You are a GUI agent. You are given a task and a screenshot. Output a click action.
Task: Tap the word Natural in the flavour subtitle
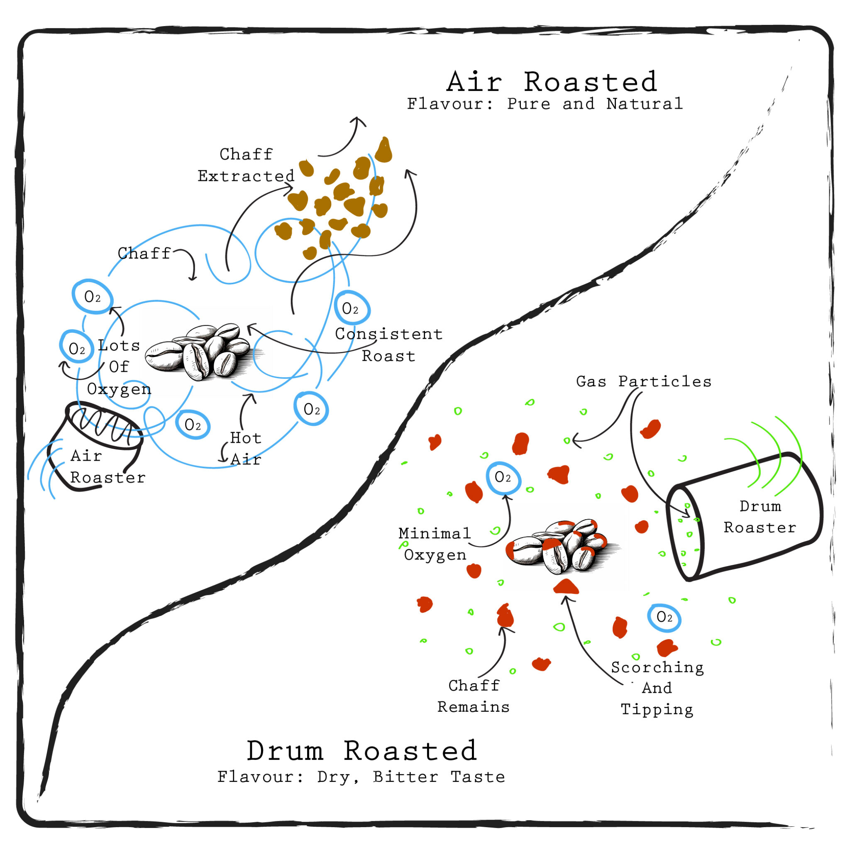click(644, 104)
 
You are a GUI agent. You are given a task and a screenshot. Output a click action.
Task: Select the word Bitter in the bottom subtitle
click(405, 777)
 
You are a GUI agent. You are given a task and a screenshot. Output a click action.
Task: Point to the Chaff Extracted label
click(246, 165)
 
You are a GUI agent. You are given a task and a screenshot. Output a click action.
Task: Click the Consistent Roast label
click(388, 344)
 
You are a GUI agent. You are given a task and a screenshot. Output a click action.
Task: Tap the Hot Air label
click(246, 449)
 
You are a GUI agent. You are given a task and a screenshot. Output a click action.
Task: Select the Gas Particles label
click(643, 381)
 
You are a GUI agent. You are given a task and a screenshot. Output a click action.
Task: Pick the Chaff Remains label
click(474, 696)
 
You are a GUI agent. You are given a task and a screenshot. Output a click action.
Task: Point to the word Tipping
click(657, 710)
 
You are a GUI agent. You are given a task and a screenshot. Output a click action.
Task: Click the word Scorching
click(657, 667)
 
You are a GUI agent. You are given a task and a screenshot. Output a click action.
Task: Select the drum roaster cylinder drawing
click(743, 517)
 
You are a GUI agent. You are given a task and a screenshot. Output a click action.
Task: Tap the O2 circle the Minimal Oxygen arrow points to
click(503, 477)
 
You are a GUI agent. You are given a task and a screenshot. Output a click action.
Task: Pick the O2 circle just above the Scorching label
click(664, 618)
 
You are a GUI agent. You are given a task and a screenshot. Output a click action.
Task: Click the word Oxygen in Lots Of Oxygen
click(119, 389)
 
